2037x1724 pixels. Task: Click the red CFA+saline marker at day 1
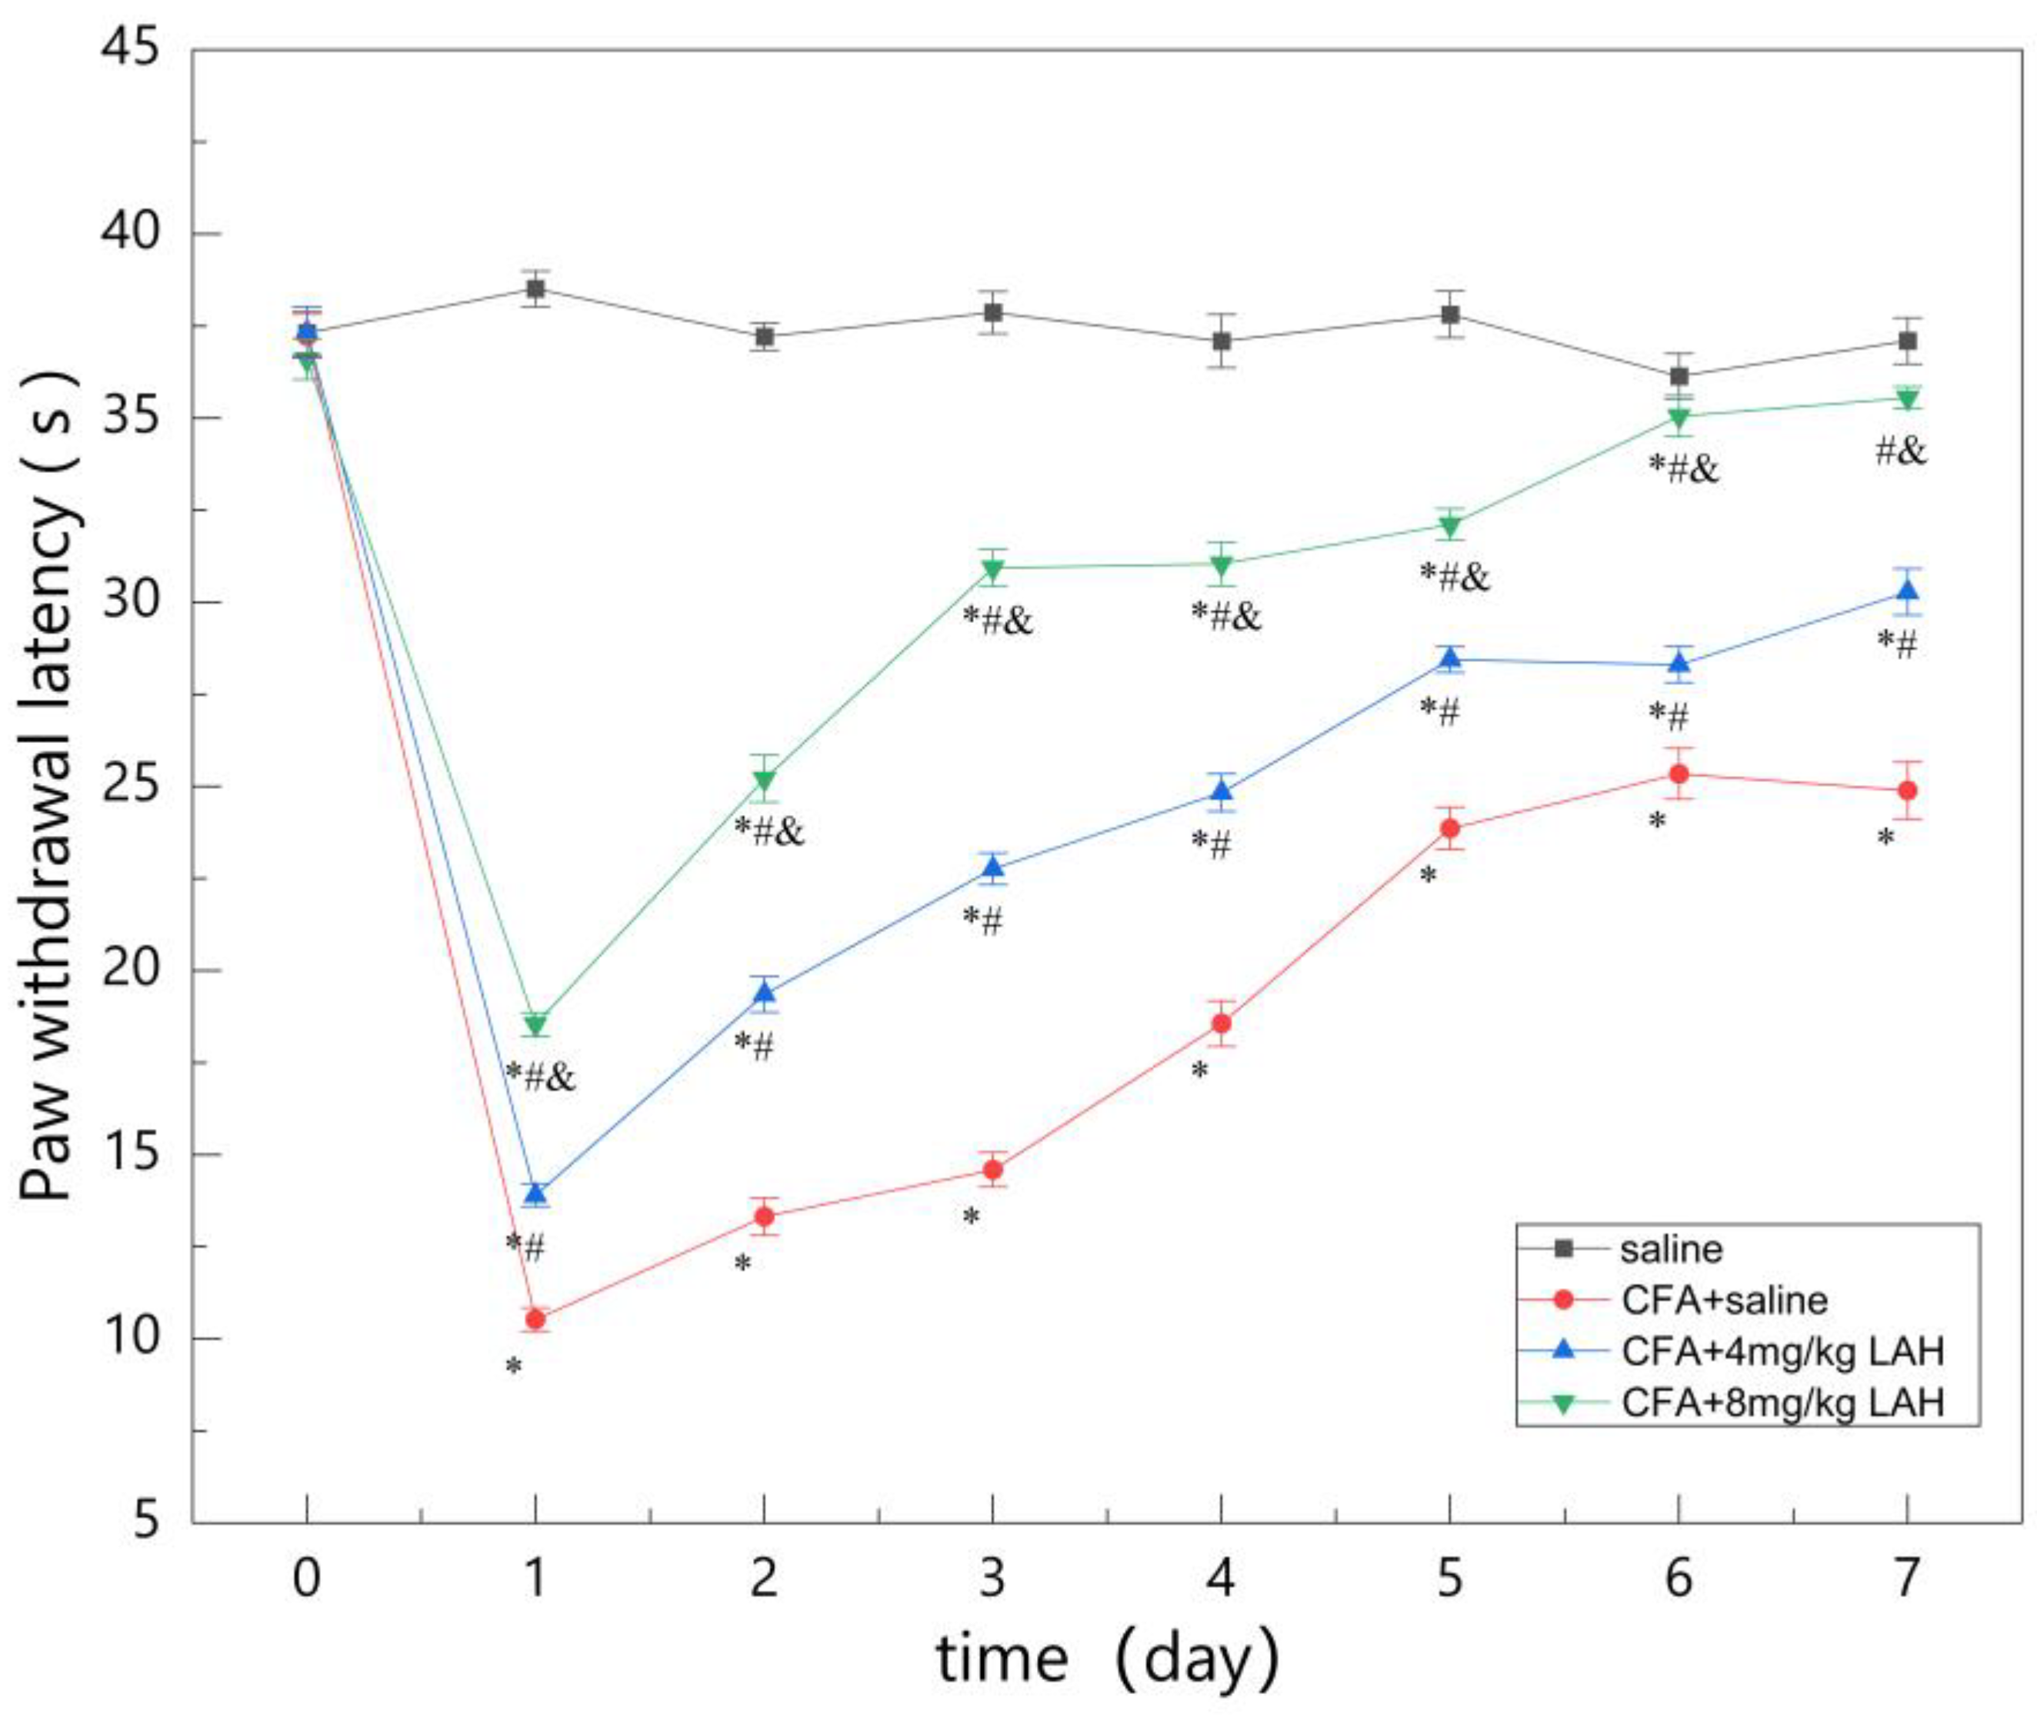click(535, 1320)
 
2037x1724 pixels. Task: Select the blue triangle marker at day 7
click(1906, 591)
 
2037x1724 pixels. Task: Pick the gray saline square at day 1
click(535, 288)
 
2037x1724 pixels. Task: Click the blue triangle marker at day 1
click(535, 1193)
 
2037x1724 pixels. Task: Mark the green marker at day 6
click(1679, 418)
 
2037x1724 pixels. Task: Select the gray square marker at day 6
click(1679, 376)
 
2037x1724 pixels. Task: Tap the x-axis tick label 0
click(307, 1576)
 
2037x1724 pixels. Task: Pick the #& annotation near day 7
click(1901, 451)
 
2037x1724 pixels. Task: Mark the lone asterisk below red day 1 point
click(513, 1366)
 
